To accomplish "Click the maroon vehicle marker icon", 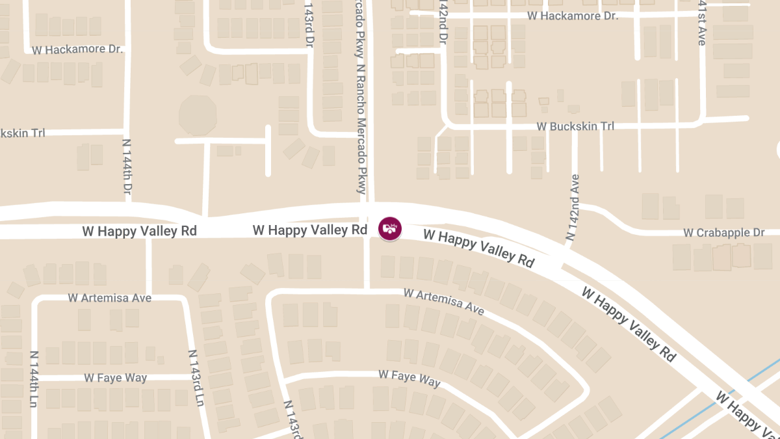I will (390, 228).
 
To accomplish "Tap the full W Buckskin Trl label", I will (575, 126).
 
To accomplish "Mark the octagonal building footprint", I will (197, 115).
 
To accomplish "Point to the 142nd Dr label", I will (443, 22).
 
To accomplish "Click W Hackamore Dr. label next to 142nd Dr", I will (572, 15).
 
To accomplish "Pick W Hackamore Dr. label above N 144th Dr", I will (77, 49).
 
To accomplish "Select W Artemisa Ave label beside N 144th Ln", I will (110, 297).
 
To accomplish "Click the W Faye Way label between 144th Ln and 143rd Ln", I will (116, 378).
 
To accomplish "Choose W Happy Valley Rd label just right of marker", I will (478, 247).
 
